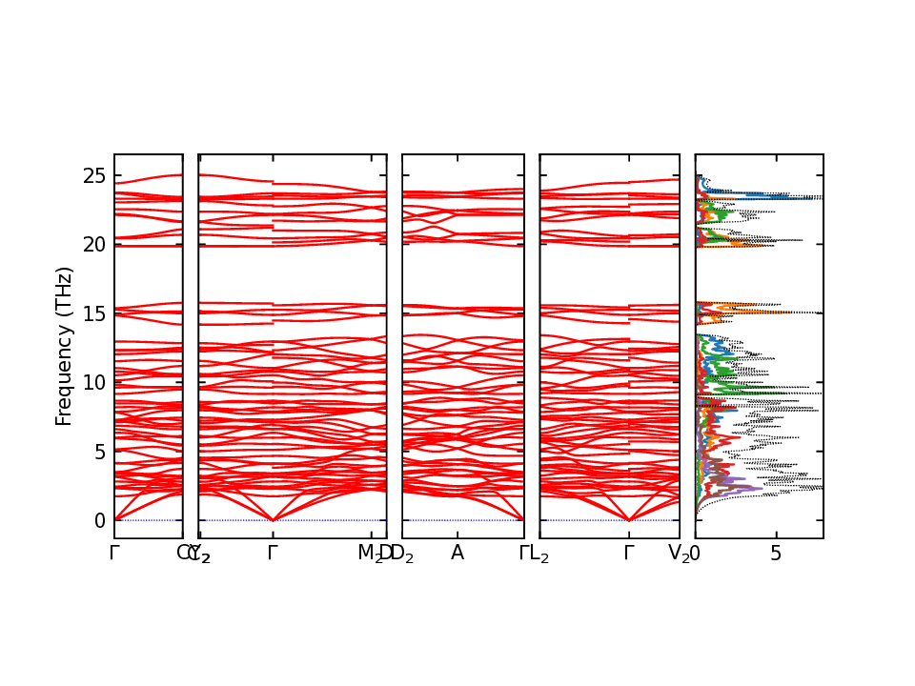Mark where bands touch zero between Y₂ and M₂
pos(274,520)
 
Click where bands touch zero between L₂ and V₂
pos(629,520)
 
